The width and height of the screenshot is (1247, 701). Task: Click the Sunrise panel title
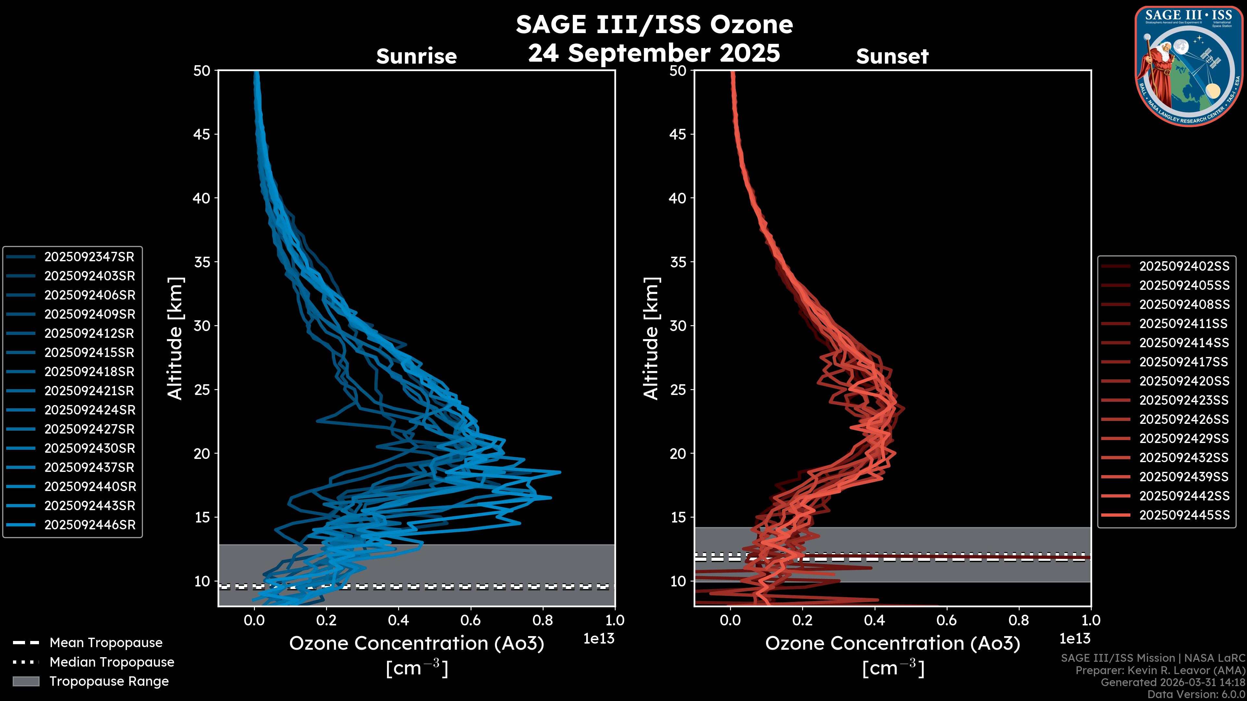click(416, 56)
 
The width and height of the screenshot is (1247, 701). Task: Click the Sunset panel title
click(892, 56)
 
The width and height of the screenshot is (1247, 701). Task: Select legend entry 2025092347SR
click(89, 257)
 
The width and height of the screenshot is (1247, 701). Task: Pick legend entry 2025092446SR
click(90, 525)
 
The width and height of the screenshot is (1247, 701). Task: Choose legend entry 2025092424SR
click(90, 410)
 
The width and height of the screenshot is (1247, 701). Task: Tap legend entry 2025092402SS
click(1184, 266)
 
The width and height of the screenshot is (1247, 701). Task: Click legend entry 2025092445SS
click(1184, 515)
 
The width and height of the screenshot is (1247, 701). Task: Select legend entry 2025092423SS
click(1184, 400)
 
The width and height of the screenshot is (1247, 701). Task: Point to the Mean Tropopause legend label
click(106, 643)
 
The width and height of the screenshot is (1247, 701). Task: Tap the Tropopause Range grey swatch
click(26, 681)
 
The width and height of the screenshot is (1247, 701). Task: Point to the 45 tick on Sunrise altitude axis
click(202, 134)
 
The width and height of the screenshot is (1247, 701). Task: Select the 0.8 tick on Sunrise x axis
click(542, 620)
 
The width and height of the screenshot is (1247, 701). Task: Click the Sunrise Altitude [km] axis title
click(175, 338)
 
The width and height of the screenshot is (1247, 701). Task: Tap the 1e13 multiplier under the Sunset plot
click(1075, 639)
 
